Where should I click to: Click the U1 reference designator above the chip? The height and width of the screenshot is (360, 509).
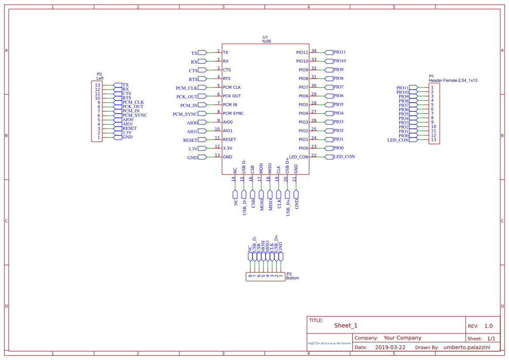[265, 37]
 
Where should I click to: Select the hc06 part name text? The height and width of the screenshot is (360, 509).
[266, 41]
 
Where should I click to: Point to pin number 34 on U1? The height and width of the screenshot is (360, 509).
[314, 51]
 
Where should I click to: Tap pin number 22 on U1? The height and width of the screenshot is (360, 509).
[314, 155]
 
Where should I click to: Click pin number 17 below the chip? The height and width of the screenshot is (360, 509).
[260, 178]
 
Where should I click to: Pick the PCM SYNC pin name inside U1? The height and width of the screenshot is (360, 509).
[233, 113]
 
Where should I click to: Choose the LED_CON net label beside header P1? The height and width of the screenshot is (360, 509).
[398, 140]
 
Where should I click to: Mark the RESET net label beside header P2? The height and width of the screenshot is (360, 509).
[129, 128]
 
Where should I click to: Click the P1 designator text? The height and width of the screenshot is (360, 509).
[431, 76]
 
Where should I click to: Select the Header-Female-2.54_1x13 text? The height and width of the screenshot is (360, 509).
[453, 81]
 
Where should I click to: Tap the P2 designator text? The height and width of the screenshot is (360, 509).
[99, 74]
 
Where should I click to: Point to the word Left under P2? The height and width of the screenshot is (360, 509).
[100, 78]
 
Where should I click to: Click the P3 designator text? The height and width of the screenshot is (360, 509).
[289, 274]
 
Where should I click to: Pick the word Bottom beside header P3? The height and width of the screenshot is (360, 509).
[293, 278]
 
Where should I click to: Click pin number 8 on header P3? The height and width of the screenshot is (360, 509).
[250, 276]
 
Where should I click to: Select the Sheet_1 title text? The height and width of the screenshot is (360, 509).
[346, 326]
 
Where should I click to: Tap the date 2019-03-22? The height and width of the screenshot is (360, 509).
[390, 347]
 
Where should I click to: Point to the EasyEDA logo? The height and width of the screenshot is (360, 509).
[329, 343]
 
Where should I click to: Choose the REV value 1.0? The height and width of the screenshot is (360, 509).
[488, 326]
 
